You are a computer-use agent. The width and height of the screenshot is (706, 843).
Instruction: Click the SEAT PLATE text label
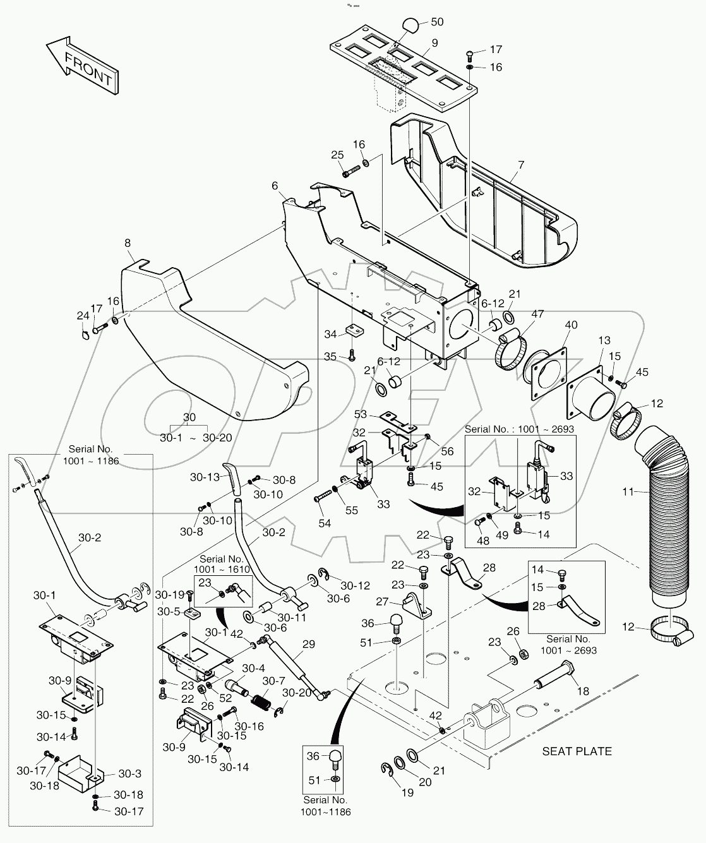click(577, 751)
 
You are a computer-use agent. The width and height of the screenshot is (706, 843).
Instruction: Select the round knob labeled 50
click(410, 27)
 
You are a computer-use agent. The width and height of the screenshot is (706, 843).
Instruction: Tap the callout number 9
click(434, 44)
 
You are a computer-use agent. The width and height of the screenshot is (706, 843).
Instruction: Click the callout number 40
click(571, 325)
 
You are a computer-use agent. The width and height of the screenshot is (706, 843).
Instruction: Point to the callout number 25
click(337, 155)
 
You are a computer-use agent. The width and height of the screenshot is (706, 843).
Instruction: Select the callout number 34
click(331, 334)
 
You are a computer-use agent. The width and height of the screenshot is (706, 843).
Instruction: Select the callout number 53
click(361, 414)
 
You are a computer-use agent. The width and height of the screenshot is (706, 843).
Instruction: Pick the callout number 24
click(83, 316)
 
